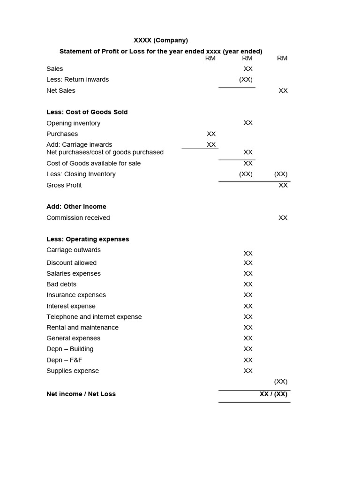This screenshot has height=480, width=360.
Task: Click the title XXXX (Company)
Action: [161, 40]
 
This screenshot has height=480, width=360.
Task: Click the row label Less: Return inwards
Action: [77, 80]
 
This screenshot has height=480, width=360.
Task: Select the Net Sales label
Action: [61, 90]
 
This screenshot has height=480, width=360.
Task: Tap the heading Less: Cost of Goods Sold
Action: [87, 112]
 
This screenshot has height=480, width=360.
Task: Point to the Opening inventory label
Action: [73, 123]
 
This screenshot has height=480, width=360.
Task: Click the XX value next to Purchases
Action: [211, 134]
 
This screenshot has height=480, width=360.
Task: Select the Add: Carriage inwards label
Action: [79, 144]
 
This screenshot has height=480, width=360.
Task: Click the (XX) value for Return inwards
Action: [246, 80]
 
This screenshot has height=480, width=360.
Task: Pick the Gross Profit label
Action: [64, 185]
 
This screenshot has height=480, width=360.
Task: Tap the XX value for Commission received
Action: [283, 217]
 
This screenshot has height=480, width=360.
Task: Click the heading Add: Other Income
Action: [76, 207]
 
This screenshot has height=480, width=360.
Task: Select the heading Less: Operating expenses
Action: [88, 239]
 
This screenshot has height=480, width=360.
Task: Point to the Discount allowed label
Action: [71, 263]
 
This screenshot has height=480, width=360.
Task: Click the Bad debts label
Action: [61, 284]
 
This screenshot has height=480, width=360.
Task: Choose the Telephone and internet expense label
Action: [94, 317]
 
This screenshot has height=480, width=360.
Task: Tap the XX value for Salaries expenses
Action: [248, 274]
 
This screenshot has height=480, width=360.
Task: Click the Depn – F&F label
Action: [64, 360]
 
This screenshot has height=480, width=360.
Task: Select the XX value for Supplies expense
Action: [248, 371]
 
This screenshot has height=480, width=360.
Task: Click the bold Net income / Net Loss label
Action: [81, 394]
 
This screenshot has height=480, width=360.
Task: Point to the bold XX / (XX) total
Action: [273, 394]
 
